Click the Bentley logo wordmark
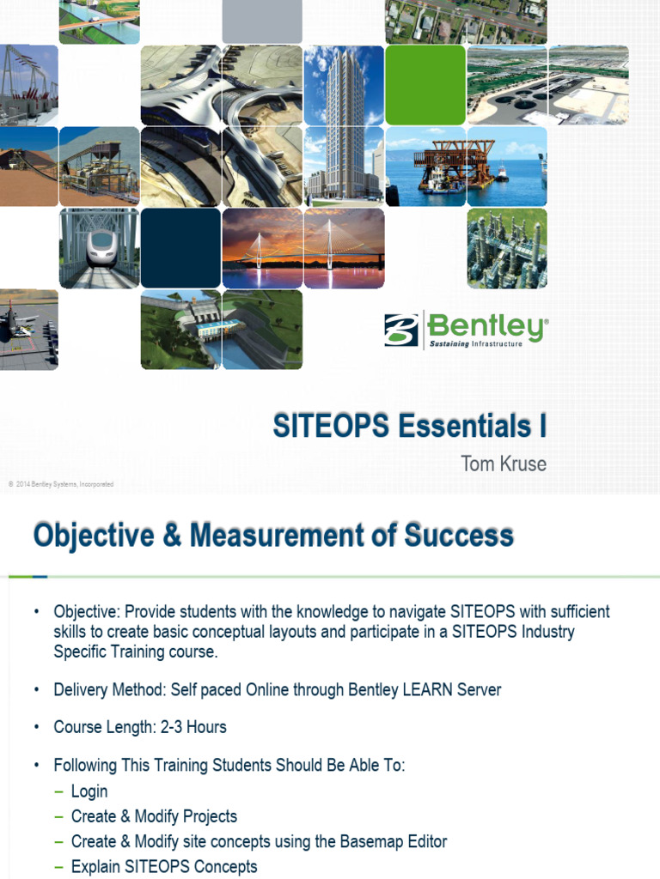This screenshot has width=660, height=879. click(487, 327)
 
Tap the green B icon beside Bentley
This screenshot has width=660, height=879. click(401, 330)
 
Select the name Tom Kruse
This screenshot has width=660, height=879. click(504, 464)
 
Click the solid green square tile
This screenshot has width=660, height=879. click(425, 85)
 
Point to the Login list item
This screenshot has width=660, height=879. click(89, 791)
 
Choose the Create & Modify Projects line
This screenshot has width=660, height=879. click(154, 816)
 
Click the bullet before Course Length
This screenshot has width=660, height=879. click(37, 727)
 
